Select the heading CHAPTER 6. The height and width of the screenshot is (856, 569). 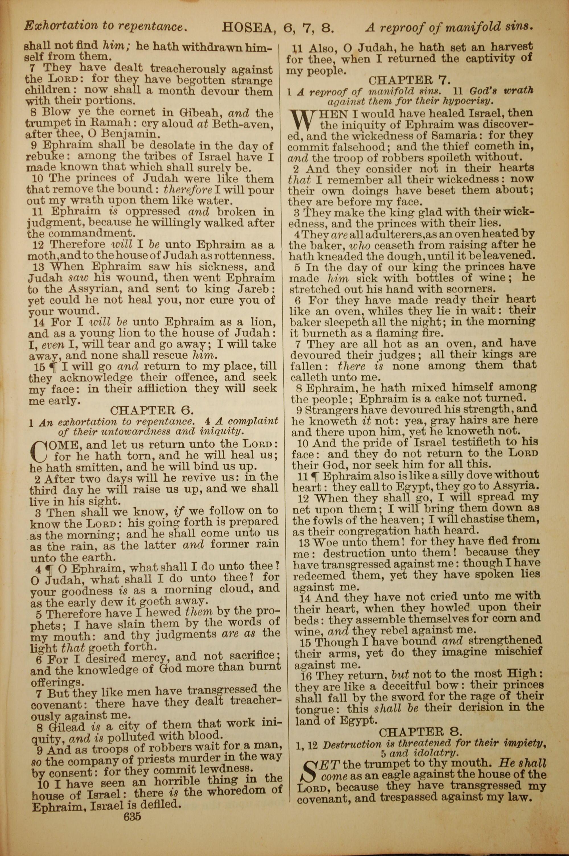pos(152,410)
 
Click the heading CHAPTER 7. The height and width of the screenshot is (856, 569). pos(410,80)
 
